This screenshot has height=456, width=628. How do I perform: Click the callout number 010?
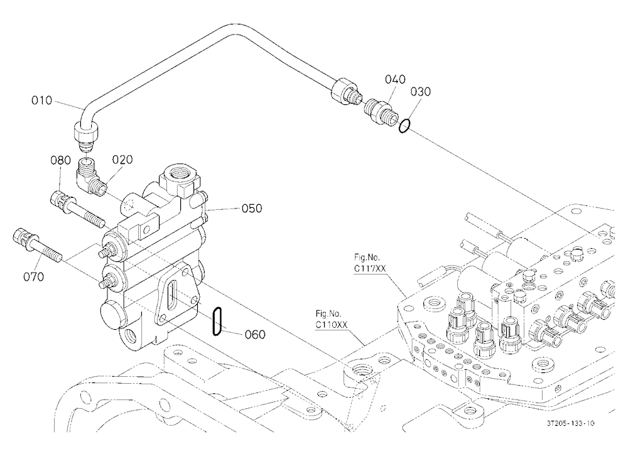click(x=42, y=100)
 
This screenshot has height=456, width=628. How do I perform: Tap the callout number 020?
click(x=122, y=160)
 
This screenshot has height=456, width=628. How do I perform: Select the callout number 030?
click(x=421, y=92)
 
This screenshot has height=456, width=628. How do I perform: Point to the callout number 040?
click(x=395, y=79)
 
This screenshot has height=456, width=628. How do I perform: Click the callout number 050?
click(x=252, y=209)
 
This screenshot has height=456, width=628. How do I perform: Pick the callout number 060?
click(x=255, y=334)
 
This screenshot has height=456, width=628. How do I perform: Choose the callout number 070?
click(x=34, y=276)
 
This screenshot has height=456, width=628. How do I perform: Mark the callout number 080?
click(x=60, y=160)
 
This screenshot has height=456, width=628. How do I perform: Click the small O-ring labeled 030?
click(x=404, y=126)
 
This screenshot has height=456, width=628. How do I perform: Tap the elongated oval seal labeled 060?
click(x=217, y=322)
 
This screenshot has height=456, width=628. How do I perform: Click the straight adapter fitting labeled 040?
click(x=380, y=111)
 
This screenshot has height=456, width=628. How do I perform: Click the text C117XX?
click(x=370, y=268)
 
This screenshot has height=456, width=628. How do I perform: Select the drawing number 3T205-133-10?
click(x=570, y=423)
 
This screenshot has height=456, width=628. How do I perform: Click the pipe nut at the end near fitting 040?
click(x=344, y=90)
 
